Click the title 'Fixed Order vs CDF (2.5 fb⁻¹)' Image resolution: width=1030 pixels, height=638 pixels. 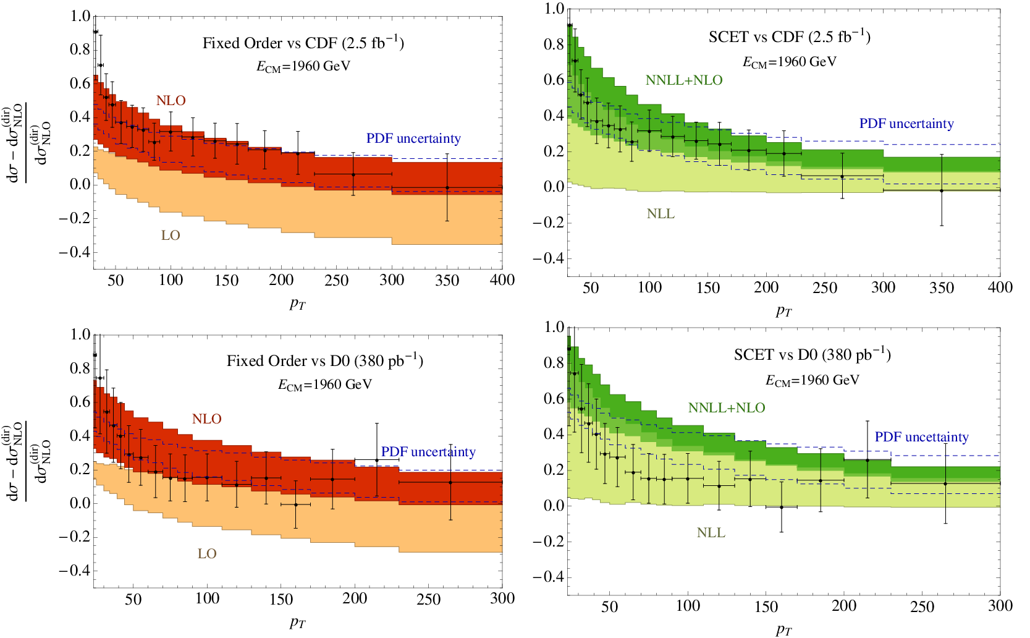pyautogui.click(x=303, y=42)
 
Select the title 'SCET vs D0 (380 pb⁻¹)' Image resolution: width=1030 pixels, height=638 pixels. pyautogui.click(x=813, y=354)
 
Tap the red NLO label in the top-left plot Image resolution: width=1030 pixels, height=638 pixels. pyautogui.click(x=171, y=101)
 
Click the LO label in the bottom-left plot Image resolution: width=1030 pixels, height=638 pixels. pyautogui.click(x=207, y=553)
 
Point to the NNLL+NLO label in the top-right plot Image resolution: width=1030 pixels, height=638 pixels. pyautogui.click(x=684, y=80)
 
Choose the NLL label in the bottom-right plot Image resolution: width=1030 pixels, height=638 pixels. pyautogui.click(x=711, y=533)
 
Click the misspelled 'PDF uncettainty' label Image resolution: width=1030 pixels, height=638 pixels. pyautogui.click(x=921, y=437)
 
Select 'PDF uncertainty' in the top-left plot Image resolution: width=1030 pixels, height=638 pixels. pyautogui.click(x=413, y=138)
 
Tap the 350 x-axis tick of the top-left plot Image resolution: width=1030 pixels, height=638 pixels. pyautogui.click(x=447, y=280)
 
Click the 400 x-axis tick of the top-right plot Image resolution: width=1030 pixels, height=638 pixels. pyautogui.click(x=1000, y=287)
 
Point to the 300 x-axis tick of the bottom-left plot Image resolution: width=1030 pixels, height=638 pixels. pyautogui.click(x=502, y=598)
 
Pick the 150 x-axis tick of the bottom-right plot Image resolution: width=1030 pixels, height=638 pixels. pyautogui.click(x=766, y=606)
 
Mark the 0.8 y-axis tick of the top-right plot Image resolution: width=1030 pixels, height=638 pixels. pyautogui.click(x=554, y=45)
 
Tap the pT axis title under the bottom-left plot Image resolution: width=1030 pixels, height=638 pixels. pyautogui.click(x=297, y=623)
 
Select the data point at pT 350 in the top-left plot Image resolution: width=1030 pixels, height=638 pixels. pyautogui.click(x=447, y=188)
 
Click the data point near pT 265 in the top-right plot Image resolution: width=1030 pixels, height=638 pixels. pyautogui.click(x=842, y=177)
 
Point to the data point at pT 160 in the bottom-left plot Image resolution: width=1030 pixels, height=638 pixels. pyautogui.click(x=296, y=504)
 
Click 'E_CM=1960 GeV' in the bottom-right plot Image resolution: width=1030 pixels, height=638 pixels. pyautogui.click(x=813, y=380)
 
